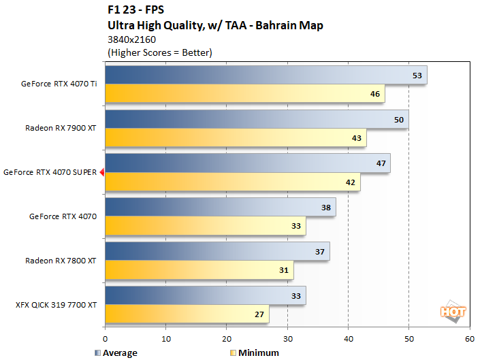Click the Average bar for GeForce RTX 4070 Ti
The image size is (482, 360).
pos(266,75)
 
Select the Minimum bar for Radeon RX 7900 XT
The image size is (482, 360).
pos(236,137)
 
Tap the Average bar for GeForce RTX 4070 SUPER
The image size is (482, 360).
pos(248,163)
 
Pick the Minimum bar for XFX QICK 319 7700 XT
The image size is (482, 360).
pos(187,314)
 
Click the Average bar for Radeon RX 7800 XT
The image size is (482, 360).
pos(217,251)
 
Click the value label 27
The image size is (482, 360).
pos(260,314)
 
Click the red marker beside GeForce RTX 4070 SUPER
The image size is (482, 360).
pos(101,173)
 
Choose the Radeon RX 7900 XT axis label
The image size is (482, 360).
pos(61,128)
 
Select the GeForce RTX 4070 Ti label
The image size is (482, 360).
pos(59,84)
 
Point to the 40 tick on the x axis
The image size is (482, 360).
pos(348,338)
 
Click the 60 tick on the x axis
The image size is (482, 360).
pos(469,338)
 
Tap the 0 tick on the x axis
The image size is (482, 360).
pos(106,338)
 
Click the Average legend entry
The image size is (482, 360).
pos(116,353)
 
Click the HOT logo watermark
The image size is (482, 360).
pos(453,312)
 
